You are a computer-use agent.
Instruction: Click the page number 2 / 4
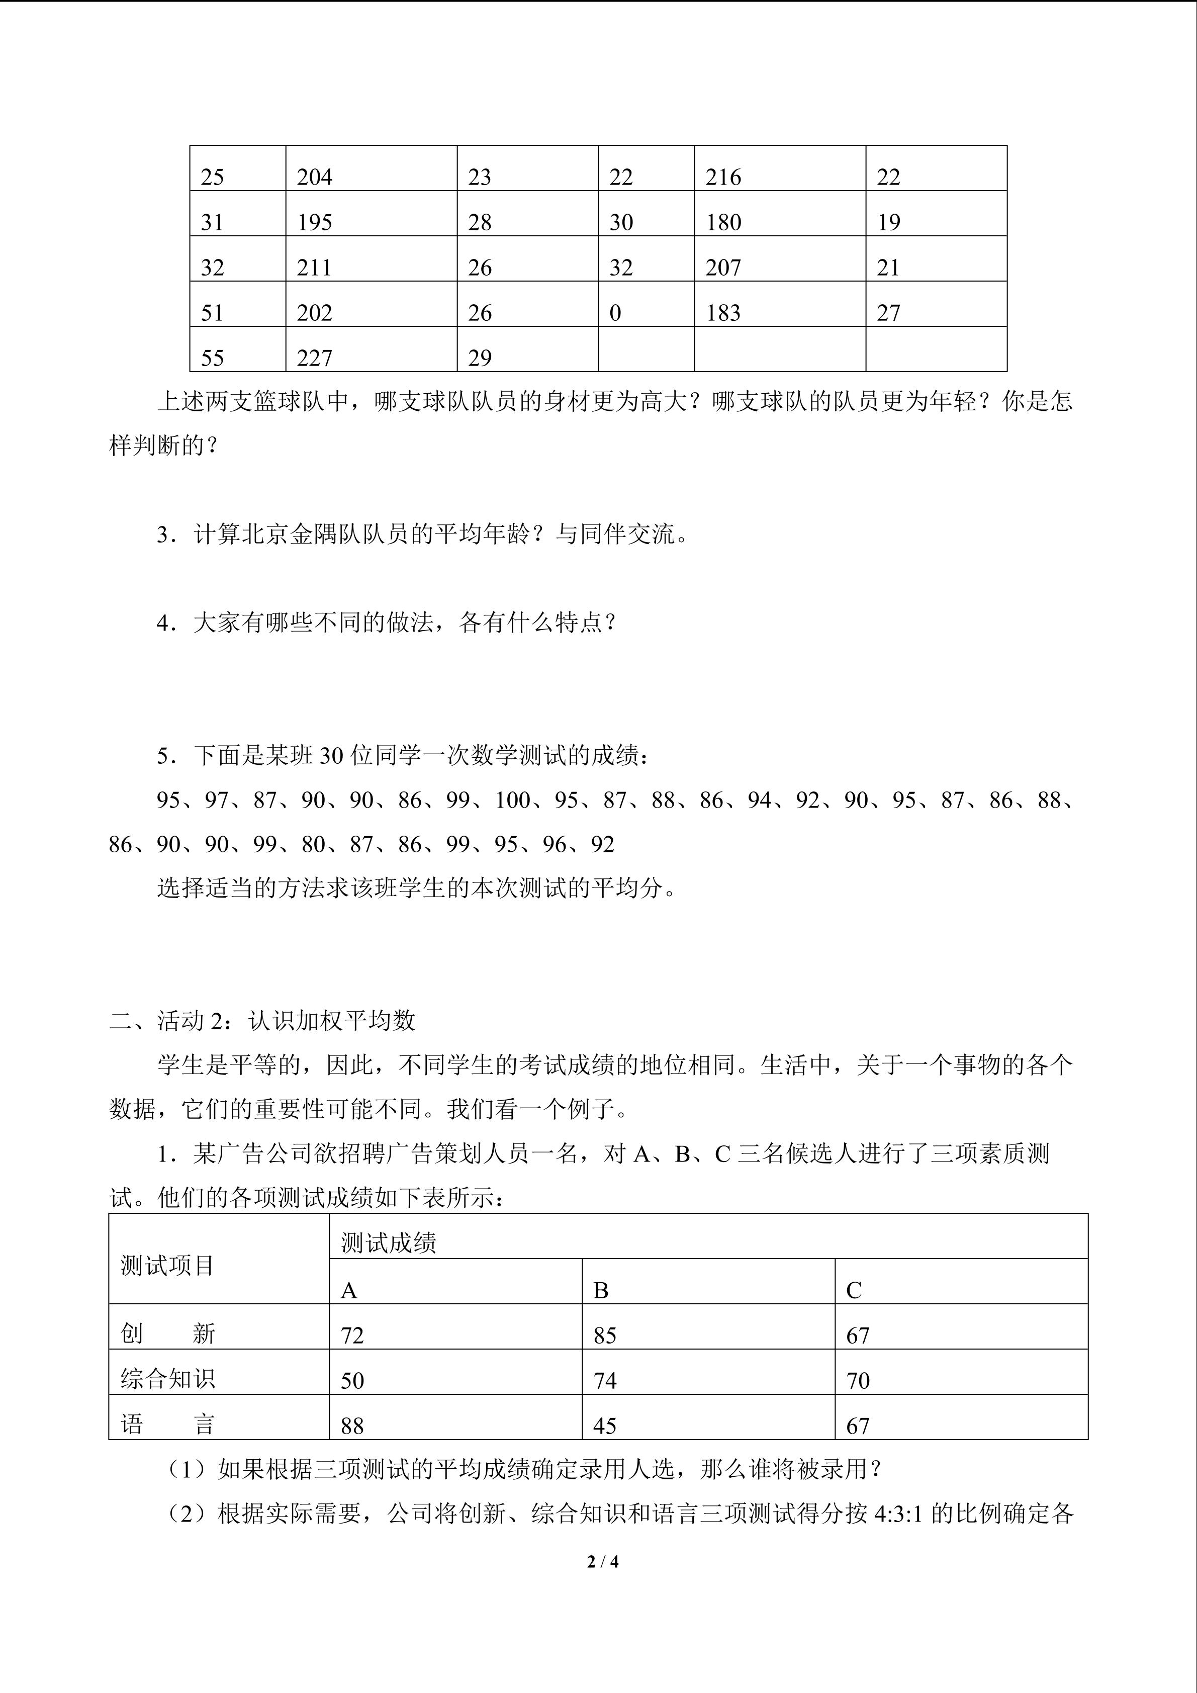(x=603, y=1561)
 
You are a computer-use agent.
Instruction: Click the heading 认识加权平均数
(x=332, y=1021)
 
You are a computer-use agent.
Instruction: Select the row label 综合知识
(x=167, y=1379)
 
